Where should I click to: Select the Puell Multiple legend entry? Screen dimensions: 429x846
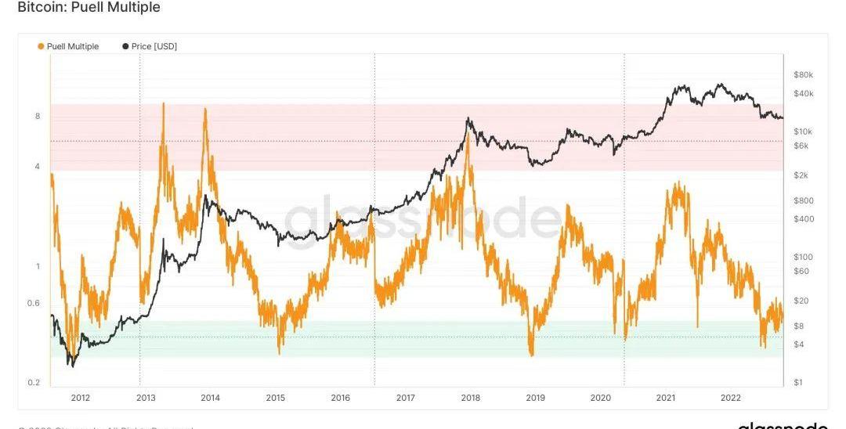pos(73,46)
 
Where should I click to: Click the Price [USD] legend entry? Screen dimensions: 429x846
pos(154,46)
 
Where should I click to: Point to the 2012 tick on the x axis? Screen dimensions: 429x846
pos(80,398)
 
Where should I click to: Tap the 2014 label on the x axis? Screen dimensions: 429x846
pos(210,398)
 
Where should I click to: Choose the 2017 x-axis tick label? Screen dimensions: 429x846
pos(405,398)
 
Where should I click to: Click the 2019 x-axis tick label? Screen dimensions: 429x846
pos(535,398)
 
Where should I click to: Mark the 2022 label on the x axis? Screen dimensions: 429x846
pos(730,398)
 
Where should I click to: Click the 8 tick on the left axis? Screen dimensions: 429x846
pos(38,116)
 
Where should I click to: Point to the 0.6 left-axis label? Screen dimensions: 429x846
pos(35,303)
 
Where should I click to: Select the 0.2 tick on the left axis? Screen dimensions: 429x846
pos(35,383)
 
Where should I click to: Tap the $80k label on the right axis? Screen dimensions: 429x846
pos(804,74)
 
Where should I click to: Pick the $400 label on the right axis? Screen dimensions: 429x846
pos(804,218)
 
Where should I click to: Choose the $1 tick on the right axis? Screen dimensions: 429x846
pos(798,383)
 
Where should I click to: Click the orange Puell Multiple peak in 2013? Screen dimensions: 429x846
pos(163,103)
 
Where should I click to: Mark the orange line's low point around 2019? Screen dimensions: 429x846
pos(531,354)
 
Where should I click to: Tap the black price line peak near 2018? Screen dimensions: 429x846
pos(468,119)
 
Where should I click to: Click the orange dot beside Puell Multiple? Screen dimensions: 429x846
pos(41,46)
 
